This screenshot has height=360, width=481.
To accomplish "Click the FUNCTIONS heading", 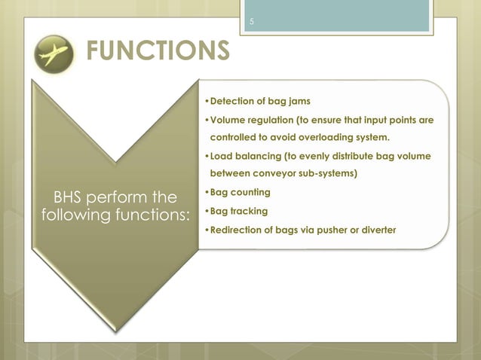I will point(158,51).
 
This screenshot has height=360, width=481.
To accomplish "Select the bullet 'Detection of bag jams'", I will point(259,101).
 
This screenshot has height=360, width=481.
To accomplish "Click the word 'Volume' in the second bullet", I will point(228,121).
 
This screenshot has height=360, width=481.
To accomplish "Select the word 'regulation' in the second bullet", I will point(273,121).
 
